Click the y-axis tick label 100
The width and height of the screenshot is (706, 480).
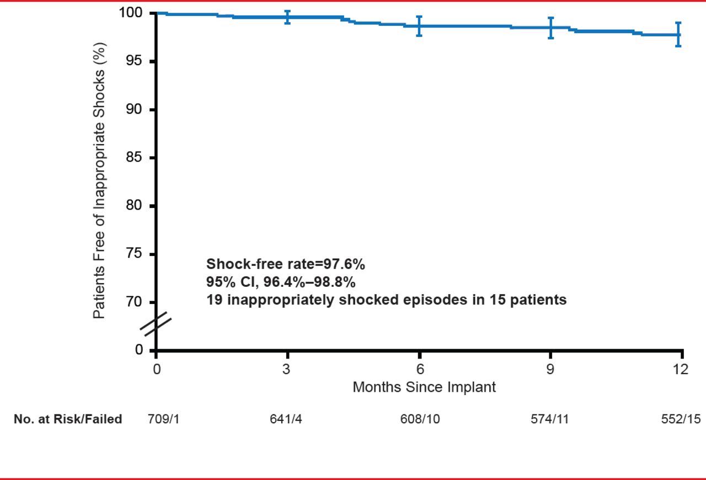click(x=132, y=13)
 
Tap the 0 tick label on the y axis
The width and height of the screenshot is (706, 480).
click(x=139, y=350)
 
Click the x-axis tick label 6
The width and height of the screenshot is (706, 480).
click(x=420, y=369)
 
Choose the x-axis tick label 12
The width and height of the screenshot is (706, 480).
click(x=682, y=369)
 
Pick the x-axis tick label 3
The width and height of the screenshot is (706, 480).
click(x=287, y=369)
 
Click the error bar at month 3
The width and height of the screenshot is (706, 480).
click(x=287, y=17)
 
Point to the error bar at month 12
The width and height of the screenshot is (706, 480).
click(x=678, y=34)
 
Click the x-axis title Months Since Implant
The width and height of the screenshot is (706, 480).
click(x=424, y=387)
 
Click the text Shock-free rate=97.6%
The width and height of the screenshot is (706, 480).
click(x=285, y=264)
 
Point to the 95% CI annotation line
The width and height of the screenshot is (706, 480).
click(x=281, y=282)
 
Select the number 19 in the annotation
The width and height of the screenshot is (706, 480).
click(x=213, y=300)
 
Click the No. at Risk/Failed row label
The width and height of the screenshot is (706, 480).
click(x=68, y=419)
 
